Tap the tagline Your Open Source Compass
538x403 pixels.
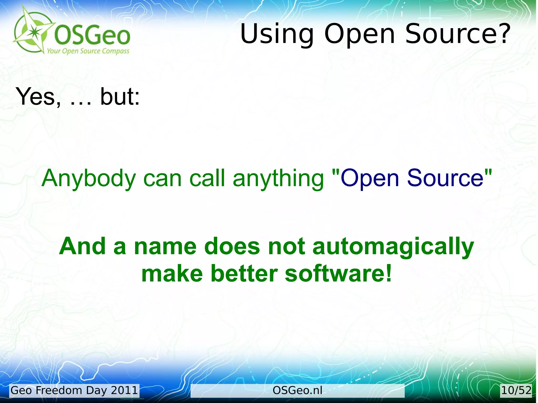point(88,51)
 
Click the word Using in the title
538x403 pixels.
point(277,34)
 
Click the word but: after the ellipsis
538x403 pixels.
point(120,97)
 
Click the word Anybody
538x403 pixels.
point(89,179)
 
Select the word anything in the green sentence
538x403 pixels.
point(278,179)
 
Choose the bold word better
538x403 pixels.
point(244,274)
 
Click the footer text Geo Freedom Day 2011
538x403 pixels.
point(74,390)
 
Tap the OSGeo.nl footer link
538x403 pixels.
point(297,390)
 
